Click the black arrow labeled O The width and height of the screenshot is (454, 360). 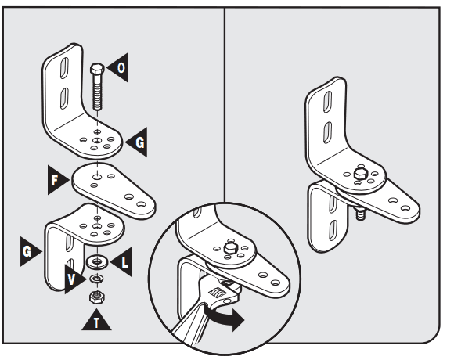pyautogui.click(x=117, y=68)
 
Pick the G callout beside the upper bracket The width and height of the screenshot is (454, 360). pyautogui.click(x=136, y=141)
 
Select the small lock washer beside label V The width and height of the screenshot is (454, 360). pyautogui.click(x=96, y=278)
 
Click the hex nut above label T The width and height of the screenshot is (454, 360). pyautogui.click(x=96, y=297)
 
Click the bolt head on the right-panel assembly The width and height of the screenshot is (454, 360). pyautogui.click(x=361, y=171)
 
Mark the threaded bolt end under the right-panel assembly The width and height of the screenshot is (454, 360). pyautogui.click(x=361, y=211)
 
